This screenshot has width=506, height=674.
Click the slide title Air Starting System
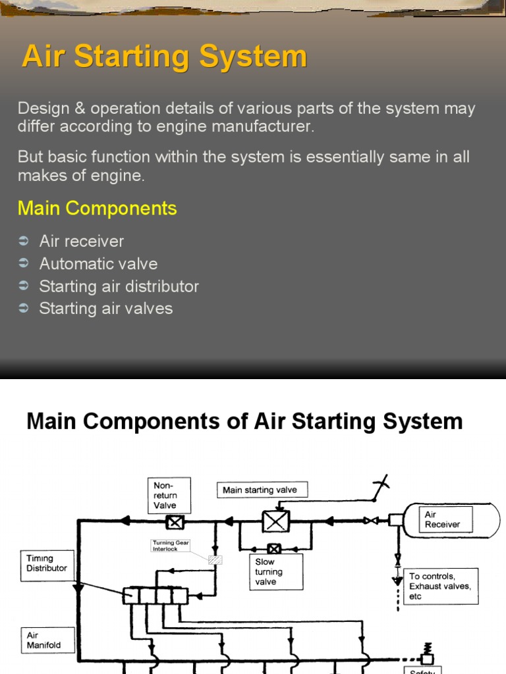(x=164, y=57)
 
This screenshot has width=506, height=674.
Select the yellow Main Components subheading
(x=97, y=209)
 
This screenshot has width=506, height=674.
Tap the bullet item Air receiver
(x=81, y=242)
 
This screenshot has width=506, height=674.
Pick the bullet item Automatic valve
(x=98, y=264)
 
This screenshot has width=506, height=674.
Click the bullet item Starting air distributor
(x=119, y=286)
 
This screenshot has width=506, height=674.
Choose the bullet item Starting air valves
(x=105, y=309)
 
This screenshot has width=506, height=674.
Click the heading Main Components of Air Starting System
(x=244, y=421)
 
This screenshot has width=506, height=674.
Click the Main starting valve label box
(x=262, y=490)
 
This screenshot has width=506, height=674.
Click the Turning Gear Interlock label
(x=170, y=546)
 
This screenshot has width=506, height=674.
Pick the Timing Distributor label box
(x=48, y=563)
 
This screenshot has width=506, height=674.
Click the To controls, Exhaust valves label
(x=441, y=586)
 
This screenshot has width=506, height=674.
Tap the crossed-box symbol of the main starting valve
(x=276, y=521)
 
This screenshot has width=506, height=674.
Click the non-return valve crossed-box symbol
(x=175, y=523)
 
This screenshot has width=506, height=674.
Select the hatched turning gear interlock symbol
(x=214, y=560)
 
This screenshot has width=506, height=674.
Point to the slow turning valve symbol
(x=273, y=547)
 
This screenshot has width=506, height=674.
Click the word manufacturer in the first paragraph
(x=268, y=127)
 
